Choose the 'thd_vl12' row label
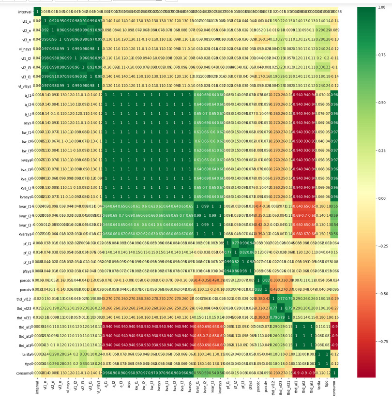point(24,299)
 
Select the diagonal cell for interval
point(38,12)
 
